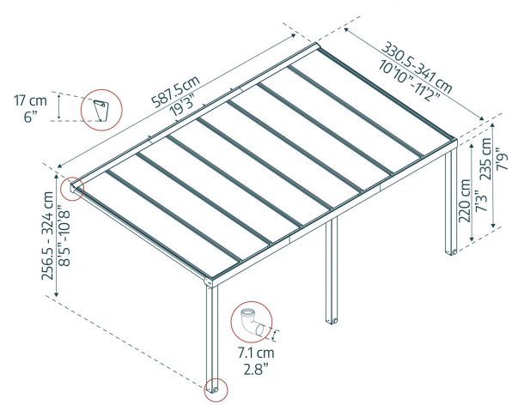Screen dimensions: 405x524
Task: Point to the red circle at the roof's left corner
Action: pos(70,186)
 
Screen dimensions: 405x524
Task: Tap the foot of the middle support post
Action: pos(330,320)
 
